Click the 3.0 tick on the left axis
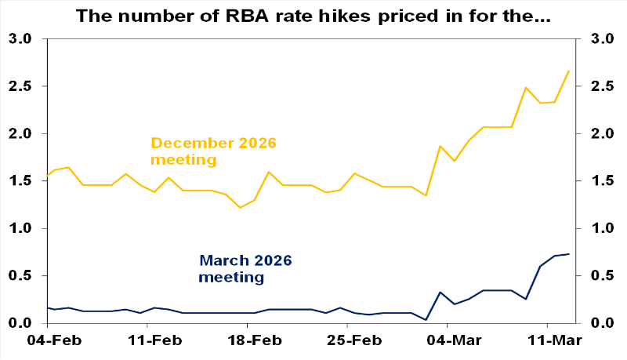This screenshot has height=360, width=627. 21,39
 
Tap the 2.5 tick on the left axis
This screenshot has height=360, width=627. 21,86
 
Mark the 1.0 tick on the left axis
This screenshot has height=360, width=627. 21,229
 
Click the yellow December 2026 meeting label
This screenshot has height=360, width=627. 213,151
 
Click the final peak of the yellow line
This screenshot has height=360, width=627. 568,71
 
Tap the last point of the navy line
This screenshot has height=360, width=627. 568,254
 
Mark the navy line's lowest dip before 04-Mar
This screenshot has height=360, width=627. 426,320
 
